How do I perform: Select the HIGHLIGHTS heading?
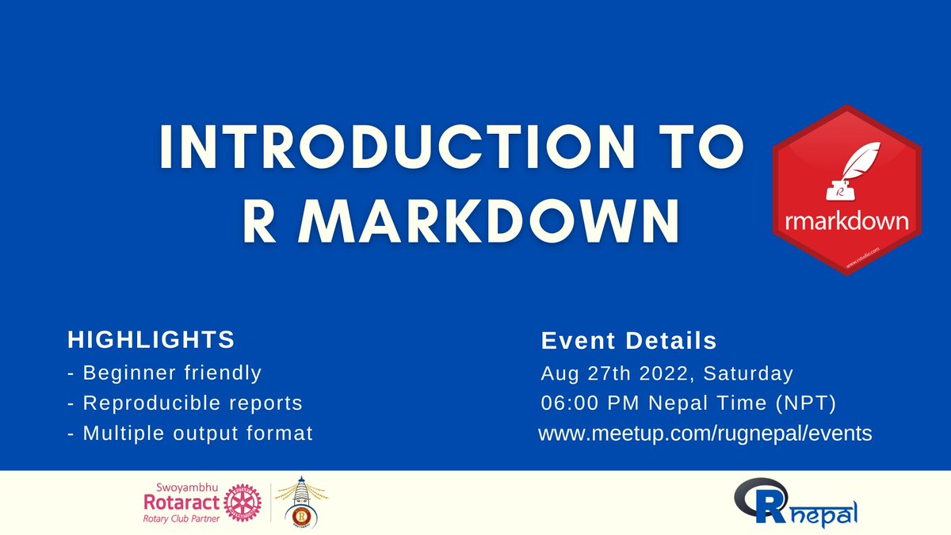pos(151,340)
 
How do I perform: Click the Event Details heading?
pos(628,342)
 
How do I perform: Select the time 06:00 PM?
pos(590,403)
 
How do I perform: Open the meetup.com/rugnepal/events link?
pos(705,434)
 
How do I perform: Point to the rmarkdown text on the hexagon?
pos(846,221)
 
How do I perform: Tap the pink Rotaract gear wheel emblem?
pos(242,502)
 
